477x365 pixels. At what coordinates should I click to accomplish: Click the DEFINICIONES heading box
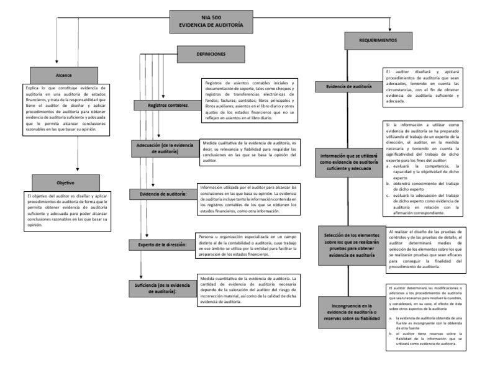[211, 54]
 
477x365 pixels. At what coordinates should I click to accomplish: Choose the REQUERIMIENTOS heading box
[378, 40]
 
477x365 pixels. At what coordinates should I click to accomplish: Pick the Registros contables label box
[168, 106]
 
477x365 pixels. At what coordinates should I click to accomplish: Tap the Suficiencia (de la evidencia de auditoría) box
[164, 287]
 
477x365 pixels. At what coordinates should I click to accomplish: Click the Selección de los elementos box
[349, 245]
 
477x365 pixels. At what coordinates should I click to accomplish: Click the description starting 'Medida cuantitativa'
[251, 289]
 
